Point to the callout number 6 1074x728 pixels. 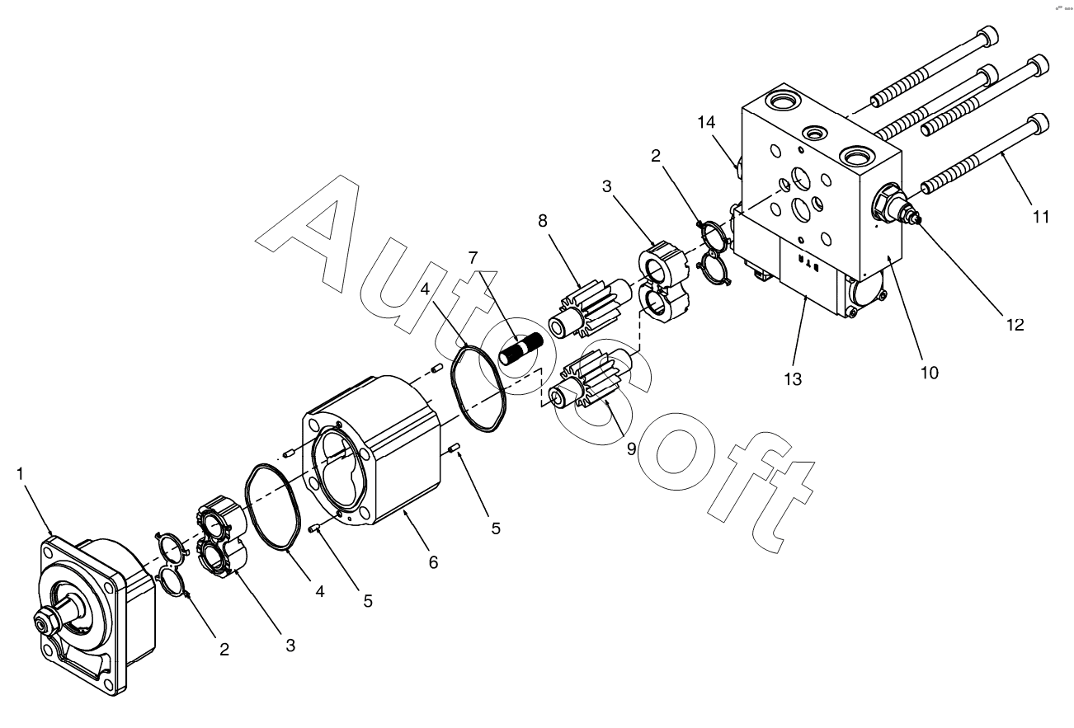(x=433, y=562)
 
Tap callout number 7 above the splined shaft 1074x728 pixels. (x=473, y=257)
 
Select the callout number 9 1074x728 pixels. (x=630, y=449)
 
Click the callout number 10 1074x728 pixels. (x=930, y=372)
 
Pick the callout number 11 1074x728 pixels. (x=1040, y=217)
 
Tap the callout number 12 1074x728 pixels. (x=1014, y=324)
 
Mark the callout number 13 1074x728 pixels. (x=791, y=380)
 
